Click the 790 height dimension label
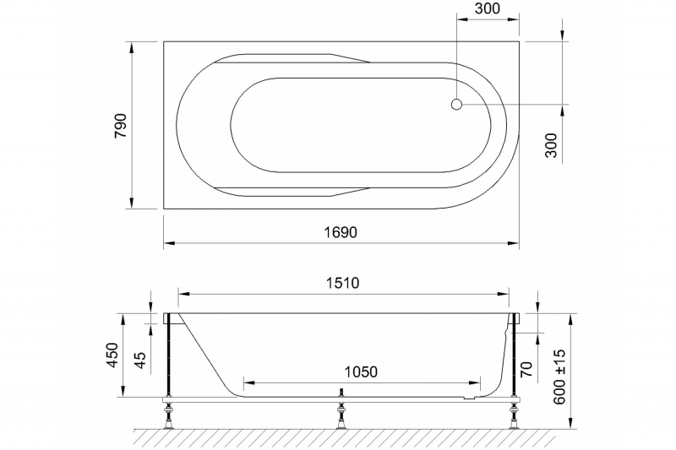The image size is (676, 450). (121, 124)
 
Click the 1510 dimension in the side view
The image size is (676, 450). (343, 282)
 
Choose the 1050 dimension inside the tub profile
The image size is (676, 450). (359, 371)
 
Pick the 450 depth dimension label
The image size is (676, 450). (111, 355)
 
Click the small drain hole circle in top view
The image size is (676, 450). (456, 105)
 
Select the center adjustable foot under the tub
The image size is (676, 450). (341, 415)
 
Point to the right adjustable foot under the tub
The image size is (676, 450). (514, 415)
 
